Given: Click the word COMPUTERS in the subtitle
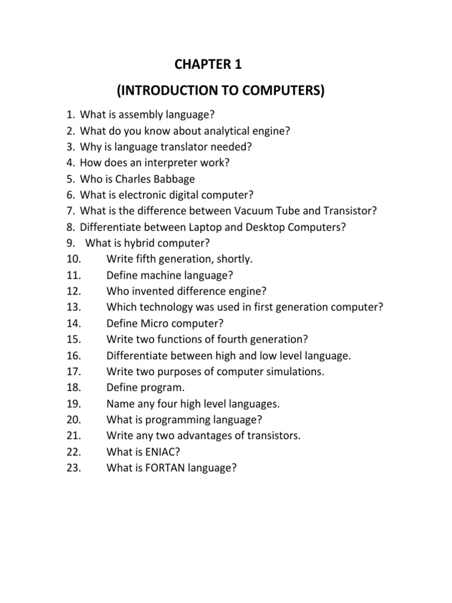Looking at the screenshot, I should tap(278, 92).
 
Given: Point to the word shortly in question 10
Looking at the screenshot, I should tap(234, 259).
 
